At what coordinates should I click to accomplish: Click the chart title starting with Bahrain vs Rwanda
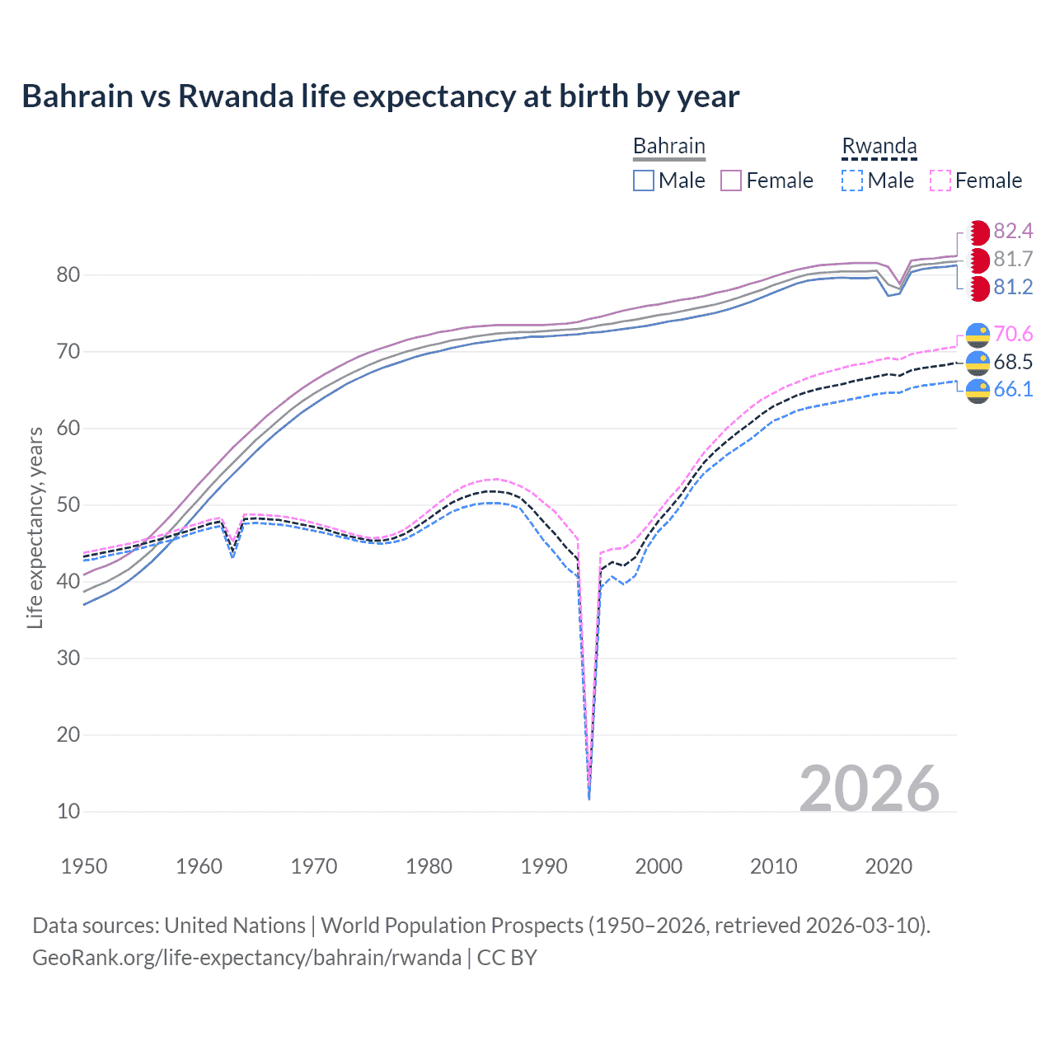click(x=380, y=96)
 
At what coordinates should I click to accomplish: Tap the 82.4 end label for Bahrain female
click(x=1013, y=231)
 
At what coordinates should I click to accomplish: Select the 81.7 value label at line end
click(x=1013, y=259)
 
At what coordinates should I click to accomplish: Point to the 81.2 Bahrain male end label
click(x=1013, y=287)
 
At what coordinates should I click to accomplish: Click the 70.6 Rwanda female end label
click(x=1013, y=334)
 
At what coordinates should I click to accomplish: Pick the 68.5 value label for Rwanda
click(x=1013, y=362)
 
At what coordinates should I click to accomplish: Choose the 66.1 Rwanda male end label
click(x=1013, y=389)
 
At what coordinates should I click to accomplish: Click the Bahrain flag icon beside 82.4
click(x=978, y=232)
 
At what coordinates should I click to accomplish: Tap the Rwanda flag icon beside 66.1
click(x=978, y=391)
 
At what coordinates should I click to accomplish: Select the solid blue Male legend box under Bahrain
click(x=644, y=181)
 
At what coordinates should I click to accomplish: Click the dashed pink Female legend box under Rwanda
click(x=940, y=181)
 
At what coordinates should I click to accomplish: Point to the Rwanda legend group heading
click(x=879, y=147)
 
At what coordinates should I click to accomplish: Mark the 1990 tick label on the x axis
click(x=544, y=866)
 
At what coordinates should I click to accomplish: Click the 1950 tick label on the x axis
click(x=84, y=866)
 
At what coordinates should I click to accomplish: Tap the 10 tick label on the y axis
click(x=68, y=811)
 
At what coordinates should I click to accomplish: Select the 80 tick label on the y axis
click(x=68, y=275)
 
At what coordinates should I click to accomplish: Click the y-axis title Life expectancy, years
click(x=35, y=527)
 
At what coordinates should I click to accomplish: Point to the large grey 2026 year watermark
click(x=869, y=789)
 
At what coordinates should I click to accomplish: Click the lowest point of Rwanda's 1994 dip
click(x=588, y=798)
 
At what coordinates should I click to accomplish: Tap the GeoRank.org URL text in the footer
click(x=246, y=958)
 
